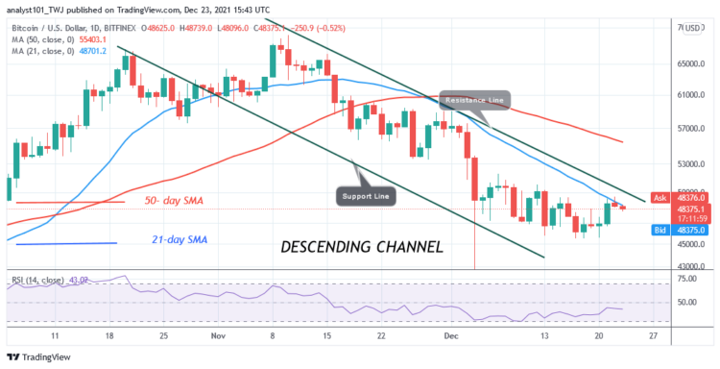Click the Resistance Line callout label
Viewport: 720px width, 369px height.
(475, 99)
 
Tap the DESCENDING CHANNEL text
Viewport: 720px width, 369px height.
(362, 247)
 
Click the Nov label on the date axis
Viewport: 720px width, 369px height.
(217, 337)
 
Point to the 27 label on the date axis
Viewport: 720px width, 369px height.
(653, 337)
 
